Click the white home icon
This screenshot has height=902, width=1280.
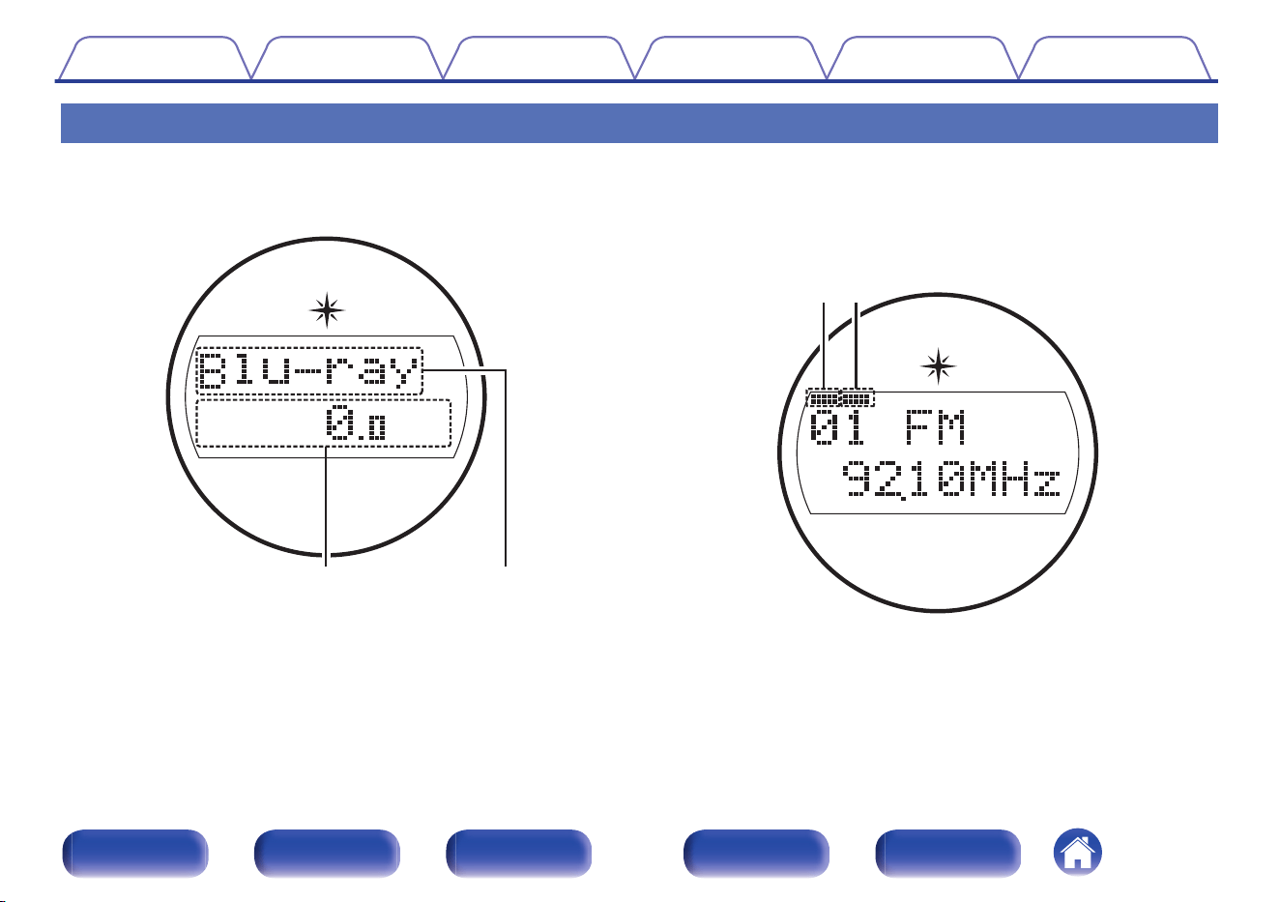(x=1077, y=853)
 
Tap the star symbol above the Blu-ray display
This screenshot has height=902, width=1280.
(x=327, y=310)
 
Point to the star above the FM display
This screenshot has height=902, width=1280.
(x=938, y=365)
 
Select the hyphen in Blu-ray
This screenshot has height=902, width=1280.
(x=306, y=371)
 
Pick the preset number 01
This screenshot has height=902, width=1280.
(x=837, y=427)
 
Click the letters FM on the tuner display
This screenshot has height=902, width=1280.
(x=936, y=427)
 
